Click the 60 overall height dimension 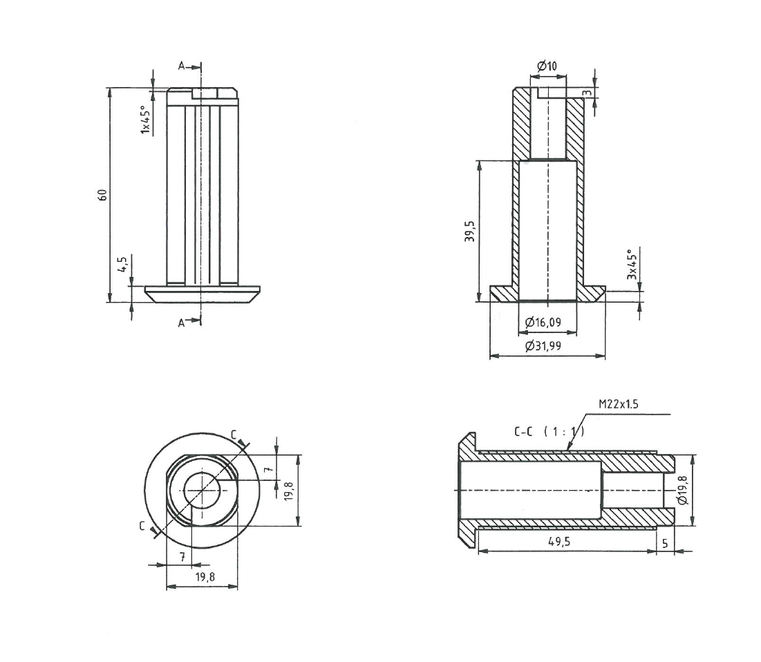pos(102,195)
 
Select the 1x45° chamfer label pos(145,120)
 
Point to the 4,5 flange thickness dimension pos(122,265)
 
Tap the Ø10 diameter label pos(547,66)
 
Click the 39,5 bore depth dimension pos(469,232)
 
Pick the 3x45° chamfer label pos(630,264)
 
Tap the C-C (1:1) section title pos(549,432)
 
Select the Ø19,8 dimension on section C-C pos(683,489)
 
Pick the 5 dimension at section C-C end pos(665,543)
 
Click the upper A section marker pos(182,66)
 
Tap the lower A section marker pos(182,323)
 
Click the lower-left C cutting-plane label pos(142,527)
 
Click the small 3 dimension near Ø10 pos(586,93)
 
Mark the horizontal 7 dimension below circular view pos(182,556)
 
